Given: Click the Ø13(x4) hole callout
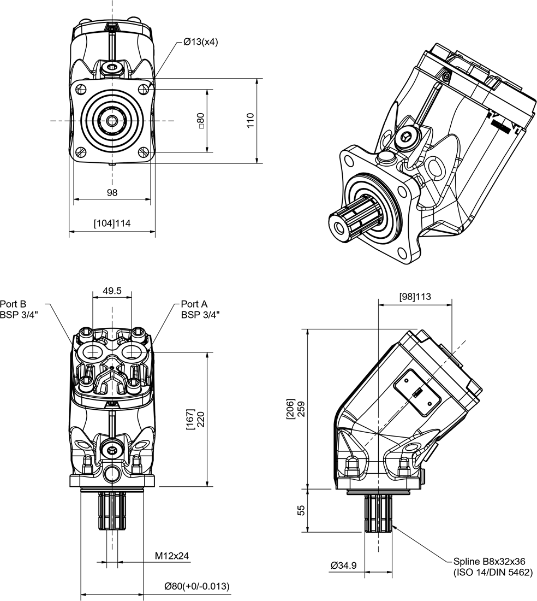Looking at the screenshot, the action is coord(201,42).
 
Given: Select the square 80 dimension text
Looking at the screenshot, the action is coord(201,121).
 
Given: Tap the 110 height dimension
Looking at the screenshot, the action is coord(250,120).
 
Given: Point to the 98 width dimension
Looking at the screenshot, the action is coord(112,192).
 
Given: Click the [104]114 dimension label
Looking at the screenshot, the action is coord(112,223).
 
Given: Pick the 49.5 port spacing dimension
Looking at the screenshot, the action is coord(112,291).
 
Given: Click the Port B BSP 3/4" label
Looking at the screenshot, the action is coord(19,309).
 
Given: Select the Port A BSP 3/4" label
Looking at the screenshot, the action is coord(200,309).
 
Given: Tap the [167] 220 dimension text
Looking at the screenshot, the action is coord(195,419).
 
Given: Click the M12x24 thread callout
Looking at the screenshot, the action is coord(172,556).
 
